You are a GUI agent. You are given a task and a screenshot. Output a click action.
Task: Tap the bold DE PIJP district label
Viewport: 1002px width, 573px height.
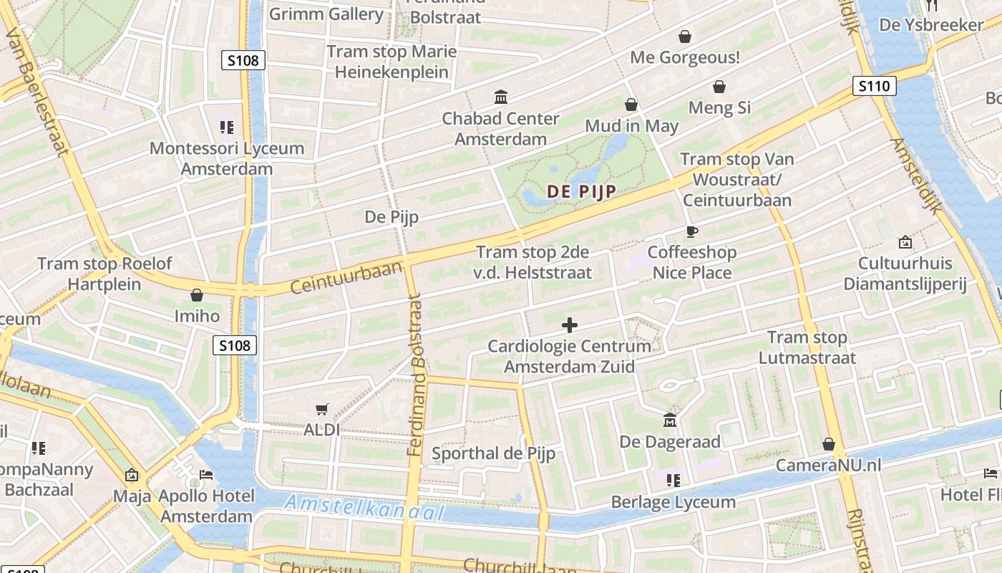pyautogui.click(x=581, y=191)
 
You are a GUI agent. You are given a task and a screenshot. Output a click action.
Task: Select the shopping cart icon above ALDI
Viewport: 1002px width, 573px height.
pyautogui.click(x=322, y=409)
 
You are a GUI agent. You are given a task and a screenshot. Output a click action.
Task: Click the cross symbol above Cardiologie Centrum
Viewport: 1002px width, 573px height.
pyautogui.click(x=570, y=325)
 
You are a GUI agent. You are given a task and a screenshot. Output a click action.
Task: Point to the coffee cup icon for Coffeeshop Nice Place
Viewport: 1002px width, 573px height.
pyautogui.click(x=691, y=231)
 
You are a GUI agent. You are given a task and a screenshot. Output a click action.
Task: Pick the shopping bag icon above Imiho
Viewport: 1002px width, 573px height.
pyautogui.click(x=197, y=295)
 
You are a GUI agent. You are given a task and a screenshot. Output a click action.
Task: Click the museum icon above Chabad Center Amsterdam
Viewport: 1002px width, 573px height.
pyautogui.click(x=501, y=97)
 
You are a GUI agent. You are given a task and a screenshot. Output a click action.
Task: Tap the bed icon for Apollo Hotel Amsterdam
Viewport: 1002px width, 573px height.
pyautogui.click(x=206, y=475)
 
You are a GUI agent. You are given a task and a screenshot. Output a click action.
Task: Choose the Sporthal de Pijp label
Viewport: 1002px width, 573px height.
pyautogui.click(x=493, y=453)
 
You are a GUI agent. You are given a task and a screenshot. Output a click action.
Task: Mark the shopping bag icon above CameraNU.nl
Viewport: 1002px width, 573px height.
pyautogui.click(x=829, y=444)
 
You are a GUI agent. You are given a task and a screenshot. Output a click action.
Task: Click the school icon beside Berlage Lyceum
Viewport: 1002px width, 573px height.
pyautogui.click(x=673, y=480)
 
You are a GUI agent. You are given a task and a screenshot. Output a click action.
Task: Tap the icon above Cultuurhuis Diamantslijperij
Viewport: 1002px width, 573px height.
pyautogui.click(x=905, y=242)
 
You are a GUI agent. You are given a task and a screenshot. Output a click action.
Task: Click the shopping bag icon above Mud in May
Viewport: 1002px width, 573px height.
pyautogui.click(x=631, y=105)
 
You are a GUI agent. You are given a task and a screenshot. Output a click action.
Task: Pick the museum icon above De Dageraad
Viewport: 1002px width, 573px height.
pyautogui.click(x=670, y=420)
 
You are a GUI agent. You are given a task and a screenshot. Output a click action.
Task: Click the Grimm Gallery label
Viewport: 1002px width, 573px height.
pyautogui.click(x=326, y=14)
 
